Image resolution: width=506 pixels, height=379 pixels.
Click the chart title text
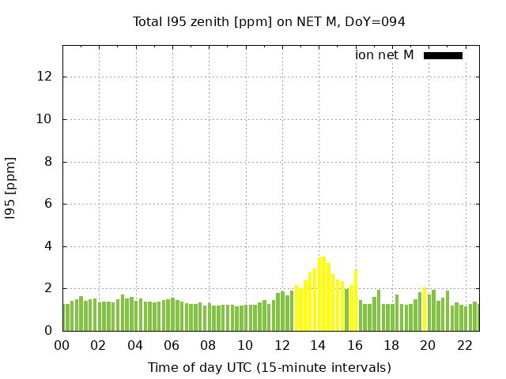[269, 22]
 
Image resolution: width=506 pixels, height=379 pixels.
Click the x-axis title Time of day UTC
[269, 367]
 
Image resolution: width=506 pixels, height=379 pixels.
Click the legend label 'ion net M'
[384, 55]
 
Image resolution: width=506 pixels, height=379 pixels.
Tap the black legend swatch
[443, 55]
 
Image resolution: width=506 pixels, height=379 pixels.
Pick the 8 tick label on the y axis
[47, 162]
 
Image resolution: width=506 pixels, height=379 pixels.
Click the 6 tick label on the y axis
[47, 204]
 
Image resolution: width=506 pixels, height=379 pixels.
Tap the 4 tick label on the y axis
[47, 246]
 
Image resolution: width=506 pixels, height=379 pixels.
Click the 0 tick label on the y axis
[47, 331]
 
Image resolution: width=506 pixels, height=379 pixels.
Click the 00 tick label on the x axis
[62, 345]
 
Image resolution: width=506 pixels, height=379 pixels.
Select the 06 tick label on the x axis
[172, 345]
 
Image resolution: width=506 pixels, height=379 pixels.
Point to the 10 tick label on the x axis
[245, 345]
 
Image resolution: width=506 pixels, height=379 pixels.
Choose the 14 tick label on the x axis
[319, 345]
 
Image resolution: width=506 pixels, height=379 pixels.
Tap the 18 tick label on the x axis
[392, 345]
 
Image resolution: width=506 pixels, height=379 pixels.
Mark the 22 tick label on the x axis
[465, 345]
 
